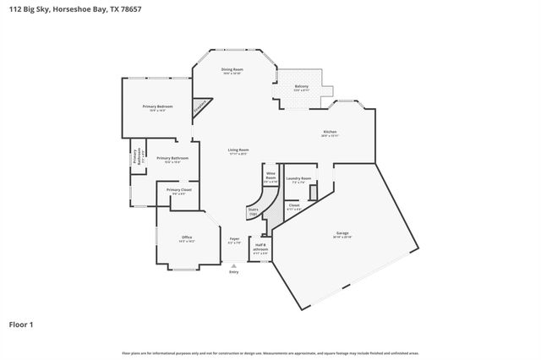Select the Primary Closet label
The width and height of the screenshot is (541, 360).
coord(179,191)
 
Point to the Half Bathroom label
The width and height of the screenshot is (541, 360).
coord(260,248)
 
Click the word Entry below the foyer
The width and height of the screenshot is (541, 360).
coord(234,271)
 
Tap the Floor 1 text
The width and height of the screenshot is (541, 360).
coord(22,324)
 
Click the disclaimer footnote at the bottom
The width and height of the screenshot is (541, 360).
coord(270,353)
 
